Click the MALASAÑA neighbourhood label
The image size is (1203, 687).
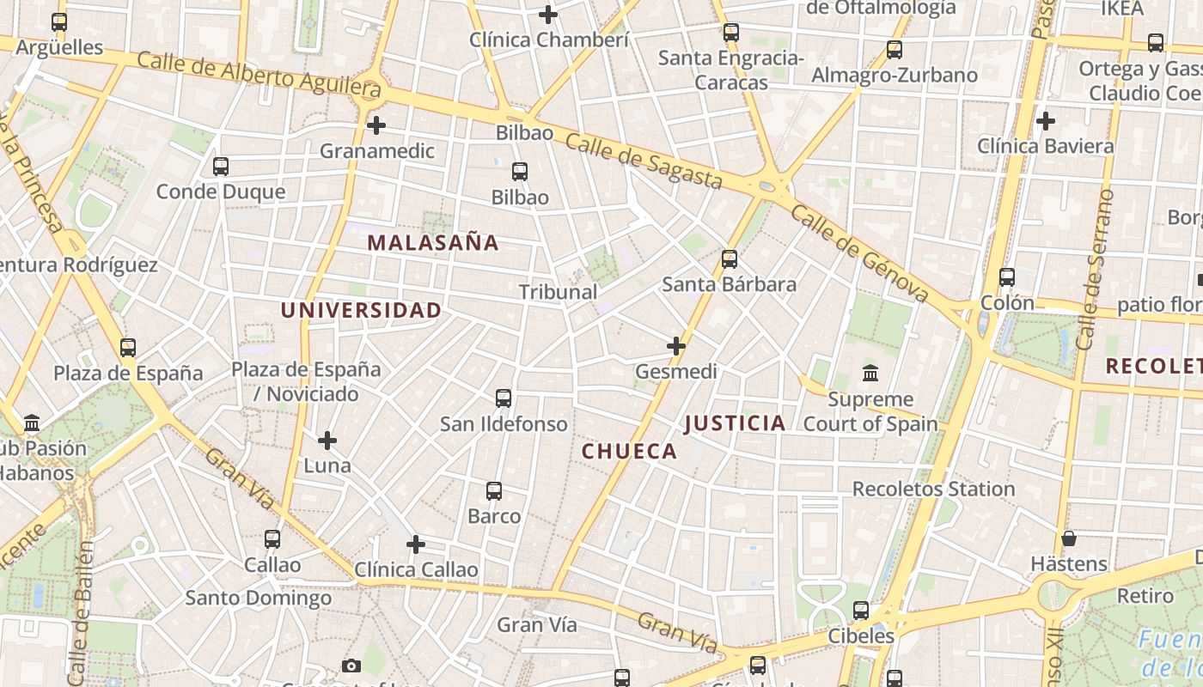433,243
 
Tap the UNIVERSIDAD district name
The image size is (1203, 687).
362,310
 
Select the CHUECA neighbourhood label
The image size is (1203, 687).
630,452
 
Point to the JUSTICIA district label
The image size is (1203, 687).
735,423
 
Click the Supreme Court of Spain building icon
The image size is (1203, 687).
870,374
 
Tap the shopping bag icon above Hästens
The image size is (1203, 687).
1069,538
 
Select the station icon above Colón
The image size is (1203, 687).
1007,277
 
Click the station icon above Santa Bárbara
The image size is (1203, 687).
730,258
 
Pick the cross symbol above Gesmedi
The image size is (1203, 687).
676,346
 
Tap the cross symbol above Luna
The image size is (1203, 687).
327,441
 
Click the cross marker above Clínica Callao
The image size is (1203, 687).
416,544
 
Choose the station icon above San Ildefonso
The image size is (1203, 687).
504,398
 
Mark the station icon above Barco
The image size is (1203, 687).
494,491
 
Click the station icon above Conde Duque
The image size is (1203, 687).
221,166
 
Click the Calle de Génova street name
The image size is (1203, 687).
859,252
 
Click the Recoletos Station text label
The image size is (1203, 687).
933,489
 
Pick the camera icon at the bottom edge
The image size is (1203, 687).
351,666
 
